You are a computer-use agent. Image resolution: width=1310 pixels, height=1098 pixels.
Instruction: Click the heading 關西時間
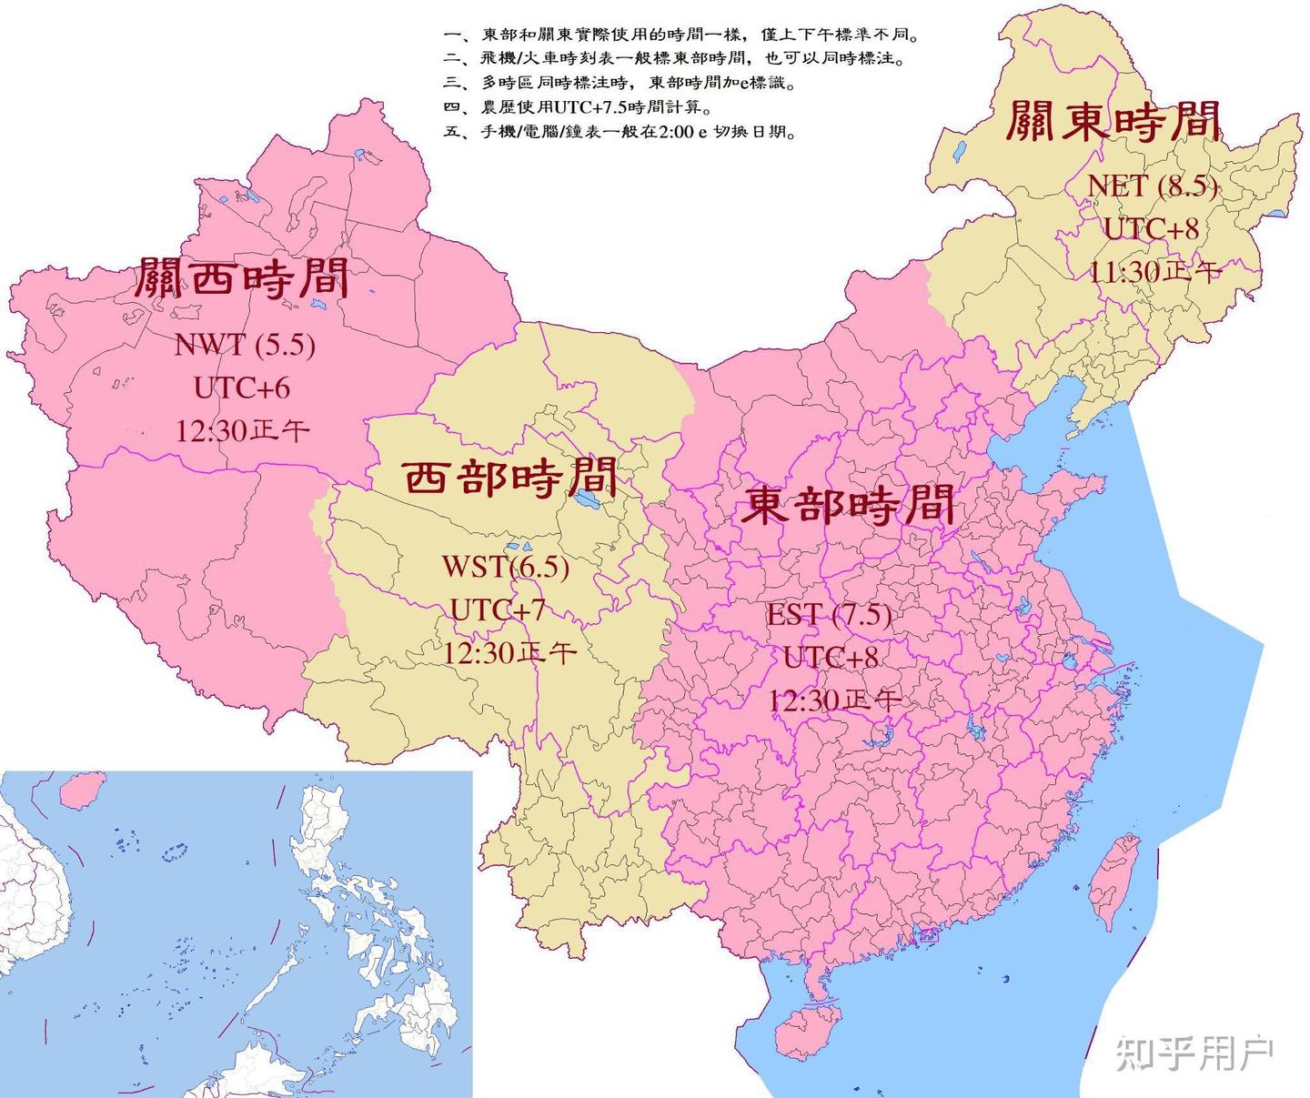click(x=242, y=277)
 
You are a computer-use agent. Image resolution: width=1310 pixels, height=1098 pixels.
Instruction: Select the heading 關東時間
click(x=1113, y=121)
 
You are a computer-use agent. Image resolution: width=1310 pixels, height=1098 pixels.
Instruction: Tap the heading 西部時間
click(x=509, y=477)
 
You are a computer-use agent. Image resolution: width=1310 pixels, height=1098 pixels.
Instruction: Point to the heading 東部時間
click(x=849, y=504)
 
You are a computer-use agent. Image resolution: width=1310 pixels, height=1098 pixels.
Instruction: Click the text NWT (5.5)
click(x=244, y=345)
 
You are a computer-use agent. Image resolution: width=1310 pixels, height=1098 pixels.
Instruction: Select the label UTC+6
click(x=241, y=388)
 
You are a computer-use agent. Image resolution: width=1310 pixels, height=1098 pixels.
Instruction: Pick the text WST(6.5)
click(x=505, y=566)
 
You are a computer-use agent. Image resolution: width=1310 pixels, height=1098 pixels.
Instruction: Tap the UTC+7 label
click(x=498, y=609)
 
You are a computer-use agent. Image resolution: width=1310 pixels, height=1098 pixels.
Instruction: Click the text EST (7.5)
click(x=828, y=614)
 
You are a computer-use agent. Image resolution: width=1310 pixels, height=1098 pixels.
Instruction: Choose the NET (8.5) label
click(x=1152, y=185)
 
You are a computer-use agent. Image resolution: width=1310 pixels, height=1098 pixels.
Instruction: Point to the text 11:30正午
click(x=1154, y=271)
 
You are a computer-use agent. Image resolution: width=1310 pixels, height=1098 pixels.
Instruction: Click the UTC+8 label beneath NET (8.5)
click(x=1151, y=228)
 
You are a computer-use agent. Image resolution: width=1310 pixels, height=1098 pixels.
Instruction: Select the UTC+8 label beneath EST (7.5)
click(x=830, y=657)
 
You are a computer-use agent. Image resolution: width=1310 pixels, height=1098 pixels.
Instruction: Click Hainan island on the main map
click(x=805, y=1029)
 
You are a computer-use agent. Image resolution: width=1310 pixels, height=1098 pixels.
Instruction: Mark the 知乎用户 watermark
click(x=1194, y=1053)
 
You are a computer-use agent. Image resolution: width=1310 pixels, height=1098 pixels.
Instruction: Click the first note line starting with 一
click(x=681, y=35)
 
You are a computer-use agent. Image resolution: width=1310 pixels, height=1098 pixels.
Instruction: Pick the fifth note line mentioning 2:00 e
click(x=621, y=132)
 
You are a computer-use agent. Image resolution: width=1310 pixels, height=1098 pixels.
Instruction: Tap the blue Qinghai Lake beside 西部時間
click(x=585, y=499)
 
